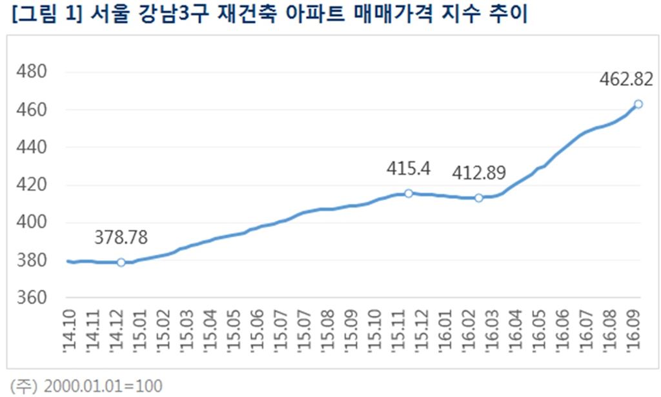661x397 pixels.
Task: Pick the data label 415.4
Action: pos(408,170)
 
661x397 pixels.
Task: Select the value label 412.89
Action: pos(478,172)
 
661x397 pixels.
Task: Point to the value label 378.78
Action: pos(121,238)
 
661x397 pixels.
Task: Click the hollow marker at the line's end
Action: pos(638,104)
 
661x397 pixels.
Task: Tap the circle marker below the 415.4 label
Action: pos(408,193)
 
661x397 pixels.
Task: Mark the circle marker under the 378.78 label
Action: pos(121,262)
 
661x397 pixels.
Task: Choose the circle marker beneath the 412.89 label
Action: pos(479,198)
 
